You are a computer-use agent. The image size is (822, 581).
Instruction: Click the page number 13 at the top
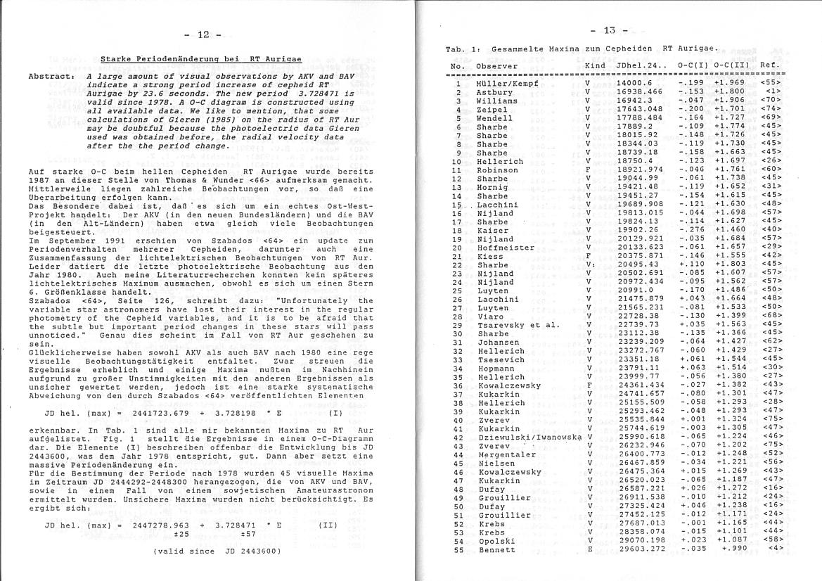(609, 30)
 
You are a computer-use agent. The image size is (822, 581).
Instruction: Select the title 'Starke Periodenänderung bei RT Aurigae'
(201, 59)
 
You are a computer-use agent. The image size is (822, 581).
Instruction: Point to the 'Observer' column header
(496, 66)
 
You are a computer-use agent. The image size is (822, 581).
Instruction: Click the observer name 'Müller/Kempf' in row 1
(506, 84)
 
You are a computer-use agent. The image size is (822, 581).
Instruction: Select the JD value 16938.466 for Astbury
(639, 92)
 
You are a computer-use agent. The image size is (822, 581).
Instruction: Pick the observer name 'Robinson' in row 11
(497, 170)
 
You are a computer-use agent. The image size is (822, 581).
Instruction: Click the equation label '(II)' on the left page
(328, 524)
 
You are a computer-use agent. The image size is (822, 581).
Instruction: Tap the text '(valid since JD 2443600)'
(217, 551)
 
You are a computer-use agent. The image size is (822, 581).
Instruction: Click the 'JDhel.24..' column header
(639, 66)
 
